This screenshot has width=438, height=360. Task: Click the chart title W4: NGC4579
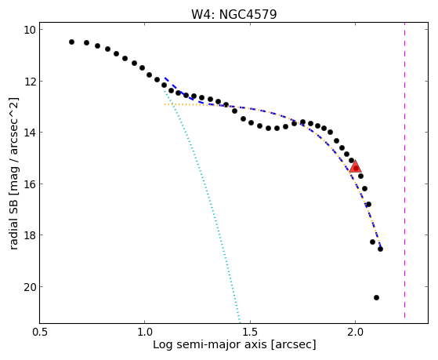pos(233,14)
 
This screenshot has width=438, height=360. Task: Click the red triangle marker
pos(355,166)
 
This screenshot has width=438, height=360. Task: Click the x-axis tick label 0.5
pos(40,332)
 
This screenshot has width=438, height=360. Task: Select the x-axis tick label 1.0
pos(145,332)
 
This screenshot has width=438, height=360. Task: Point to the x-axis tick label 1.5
pos(250,332)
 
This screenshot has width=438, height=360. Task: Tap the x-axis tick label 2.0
pos(355,332)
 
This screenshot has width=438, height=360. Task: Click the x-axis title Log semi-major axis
pos(209,344)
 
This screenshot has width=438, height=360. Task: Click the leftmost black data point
pos(71,42)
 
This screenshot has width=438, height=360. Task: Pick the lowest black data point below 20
pos(376,297)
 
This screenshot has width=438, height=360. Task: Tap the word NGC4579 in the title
pos(248,14)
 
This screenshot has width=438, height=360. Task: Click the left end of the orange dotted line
pos(165,104)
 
